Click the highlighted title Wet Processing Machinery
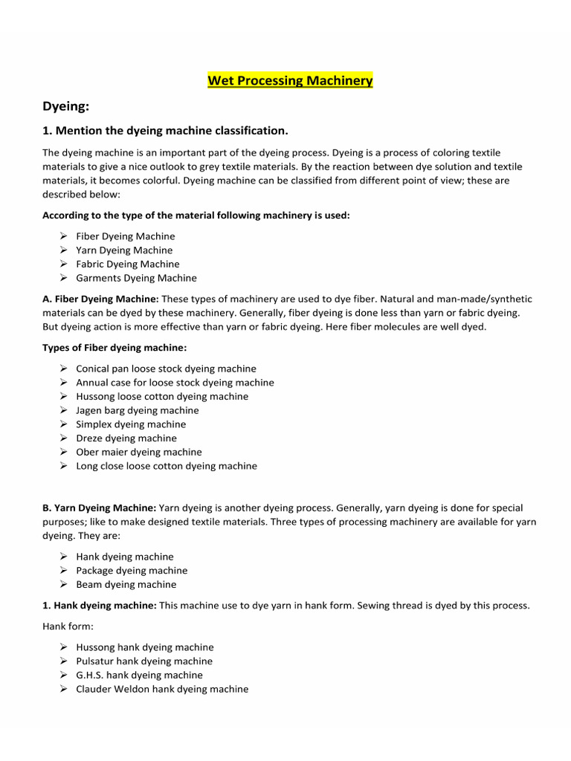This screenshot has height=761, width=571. pos(290,80)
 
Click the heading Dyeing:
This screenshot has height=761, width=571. pos(65,107)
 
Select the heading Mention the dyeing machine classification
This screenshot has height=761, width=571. pos(165,131)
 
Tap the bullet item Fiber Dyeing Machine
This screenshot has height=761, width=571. pos(126,236)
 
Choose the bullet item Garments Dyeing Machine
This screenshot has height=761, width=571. pos(136,278)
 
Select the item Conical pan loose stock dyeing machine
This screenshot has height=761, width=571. pos(166,369)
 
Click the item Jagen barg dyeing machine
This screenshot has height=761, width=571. pos(138,410)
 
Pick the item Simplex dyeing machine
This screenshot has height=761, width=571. pos(131,424)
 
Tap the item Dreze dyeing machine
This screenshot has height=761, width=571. pos(126,438)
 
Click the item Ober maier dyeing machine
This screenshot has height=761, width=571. pos(139,452)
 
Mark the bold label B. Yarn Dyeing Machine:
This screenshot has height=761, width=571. pos(99,508)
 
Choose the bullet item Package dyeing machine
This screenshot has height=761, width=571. pos(132,571)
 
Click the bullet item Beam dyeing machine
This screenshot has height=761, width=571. pos(126,585)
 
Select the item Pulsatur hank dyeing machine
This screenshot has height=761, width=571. pos(144,661)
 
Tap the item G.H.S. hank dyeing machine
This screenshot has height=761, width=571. pos(139,675)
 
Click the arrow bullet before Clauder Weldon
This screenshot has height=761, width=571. pos(64,689)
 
